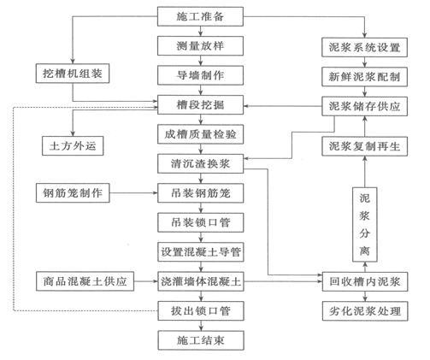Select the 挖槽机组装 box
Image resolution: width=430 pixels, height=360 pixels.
(71, 75)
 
